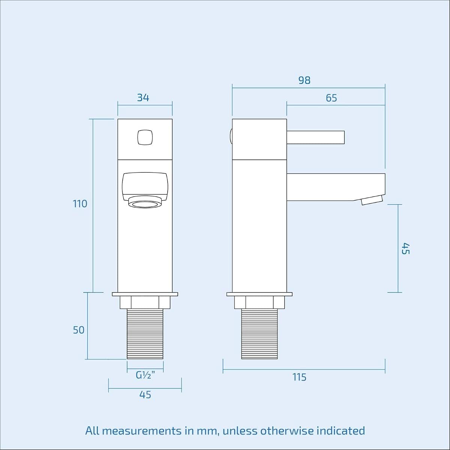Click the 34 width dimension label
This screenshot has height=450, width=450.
point(143,97)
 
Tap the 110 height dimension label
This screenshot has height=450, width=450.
point(80,204)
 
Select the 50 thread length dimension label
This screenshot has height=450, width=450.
point(79,330)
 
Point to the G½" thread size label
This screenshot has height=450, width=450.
point(145,375)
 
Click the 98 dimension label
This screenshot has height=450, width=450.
point(304,80)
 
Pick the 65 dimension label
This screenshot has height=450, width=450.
point(331,98)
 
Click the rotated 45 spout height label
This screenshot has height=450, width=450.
point(406,249)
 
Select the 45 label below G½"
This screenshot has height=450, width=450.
point(145,394)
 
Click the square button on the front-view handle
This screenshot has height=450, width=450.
point(145,138)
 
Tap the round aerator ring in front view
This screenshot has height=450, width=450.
point(145,202)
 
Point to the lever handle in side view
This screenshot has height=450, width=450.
point(315,137)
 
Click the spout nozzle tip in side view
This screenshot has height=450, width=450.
point(372,200)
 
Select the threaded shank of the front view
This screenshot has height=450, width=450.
point(145,334)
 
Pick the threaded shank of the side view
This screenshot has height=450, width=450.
point(259,334)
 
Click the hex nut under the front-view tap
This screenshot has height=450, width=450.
point(145,302)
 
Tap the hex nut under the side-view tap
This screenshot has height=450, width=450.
point(259,302)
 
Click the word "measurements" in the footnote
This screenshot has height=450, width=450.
point(142,430)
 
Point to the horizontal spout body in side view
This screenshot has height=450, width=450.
point(336,187)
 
